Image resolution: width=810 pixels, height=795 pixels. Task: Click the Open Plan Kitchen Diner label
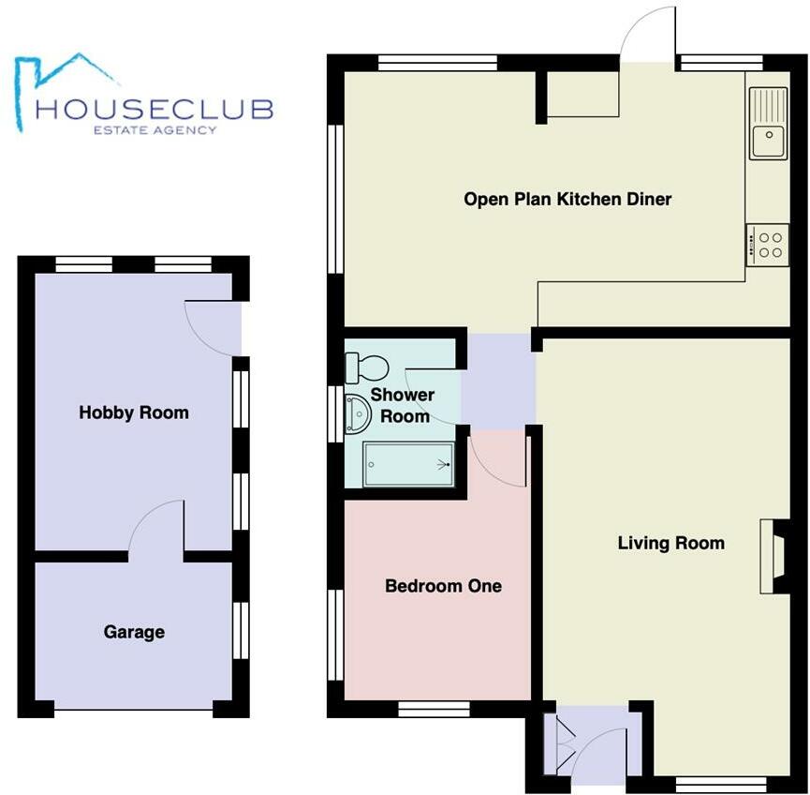[567, 199]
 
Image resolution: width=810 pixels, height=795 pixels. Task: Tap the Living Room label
[670, 543]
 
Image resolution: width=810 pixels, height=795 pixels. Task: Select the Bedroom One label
[443, 586]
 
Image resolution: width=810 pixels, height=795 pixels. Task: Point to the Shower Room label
[403, 405]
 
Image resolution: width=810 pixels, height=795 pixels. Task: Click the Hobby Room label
[133, 412]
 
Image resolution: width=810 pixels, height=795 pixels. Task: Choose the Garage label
[134, 633]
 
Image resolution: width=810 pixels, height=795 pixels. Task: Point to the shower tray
[408, 464]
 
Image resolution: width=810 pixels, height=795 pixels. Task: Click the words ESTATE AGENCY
[154, 130]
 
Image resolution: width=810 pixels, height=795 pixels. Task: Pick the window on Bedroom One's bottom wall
[434, 708]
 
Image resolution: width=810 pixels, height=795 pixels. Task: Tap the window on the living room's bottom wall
[720, 783]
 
